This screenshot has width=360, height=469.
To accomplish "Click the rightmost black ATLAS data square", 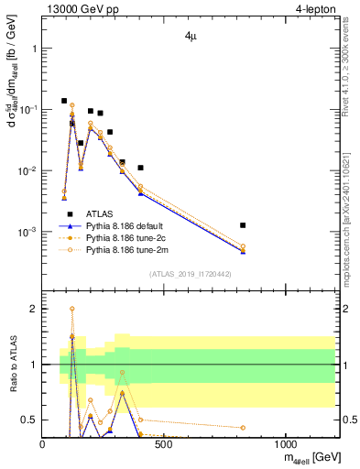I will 243,224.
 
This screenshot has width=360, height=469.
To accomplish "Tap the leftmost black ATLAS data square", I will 64,101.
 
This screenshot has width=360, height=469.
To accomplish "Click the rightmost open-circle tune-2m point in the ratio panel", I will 243,428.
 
